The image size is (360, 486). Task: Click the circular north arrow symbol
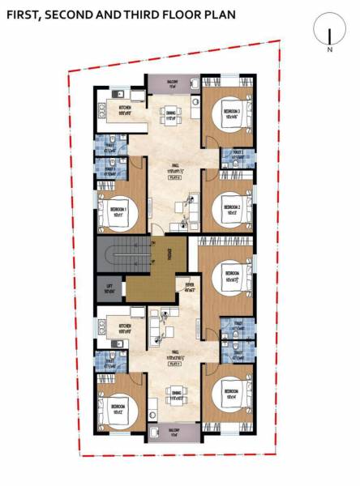(x=329, y=32)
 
